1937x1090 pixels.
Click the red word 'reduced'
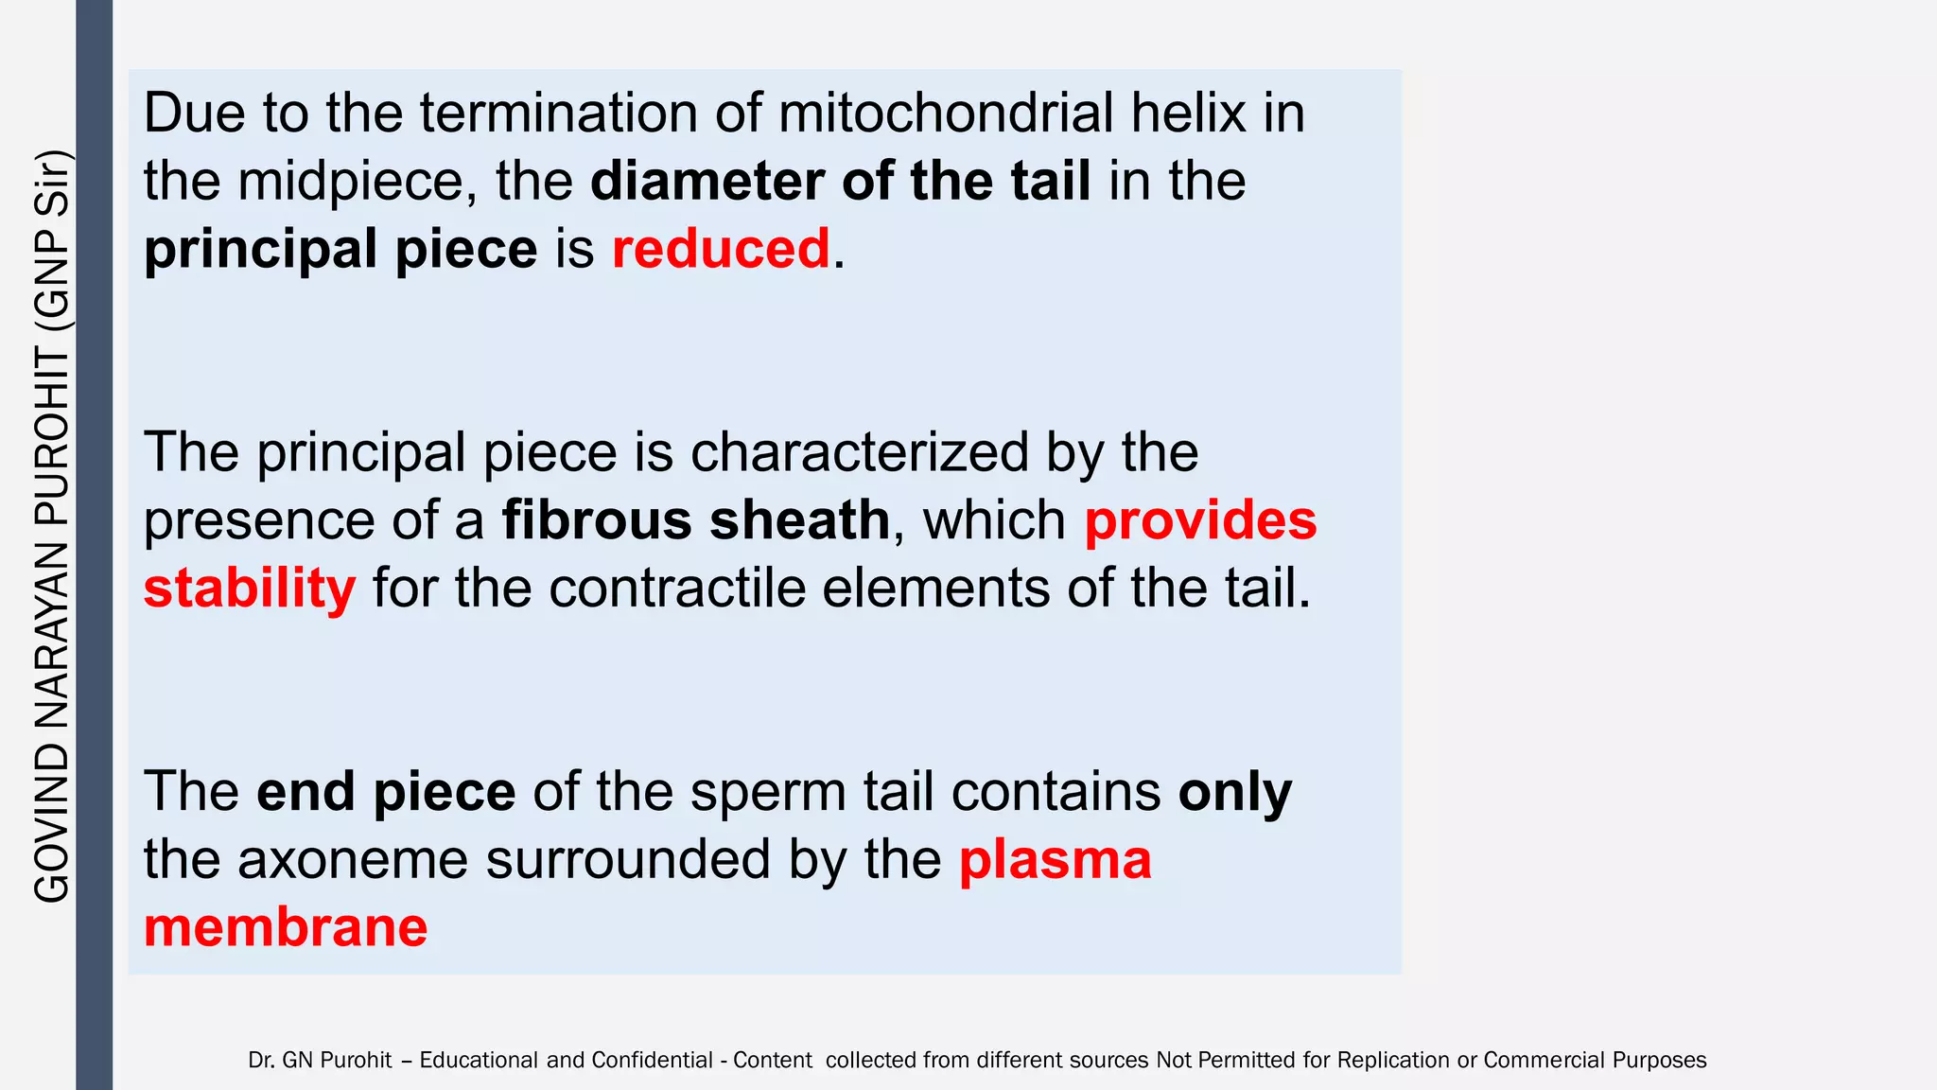tap(721, 249)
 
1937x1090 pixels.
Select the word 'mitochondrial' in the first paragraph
tap(947, 113)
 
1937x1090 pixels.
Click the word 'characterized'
tap(859, 452)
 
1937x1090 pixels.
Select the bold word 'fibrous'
tap(597, 520)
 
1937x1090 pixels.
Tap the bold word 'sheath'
tap(800, 520)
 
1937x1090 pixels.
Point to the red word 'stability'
tap(250, 589)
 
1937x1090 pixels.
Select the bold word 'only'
tap(1234, 793)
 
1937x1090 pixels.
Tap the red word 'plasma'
tap(1056, 861)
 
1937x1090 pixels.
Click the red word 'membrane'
tap(286, 927)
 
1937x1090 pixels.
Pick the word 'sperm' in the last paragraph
tap(768, 792)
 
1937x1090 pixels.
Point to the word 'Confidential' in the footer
tap(653, 1061)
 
